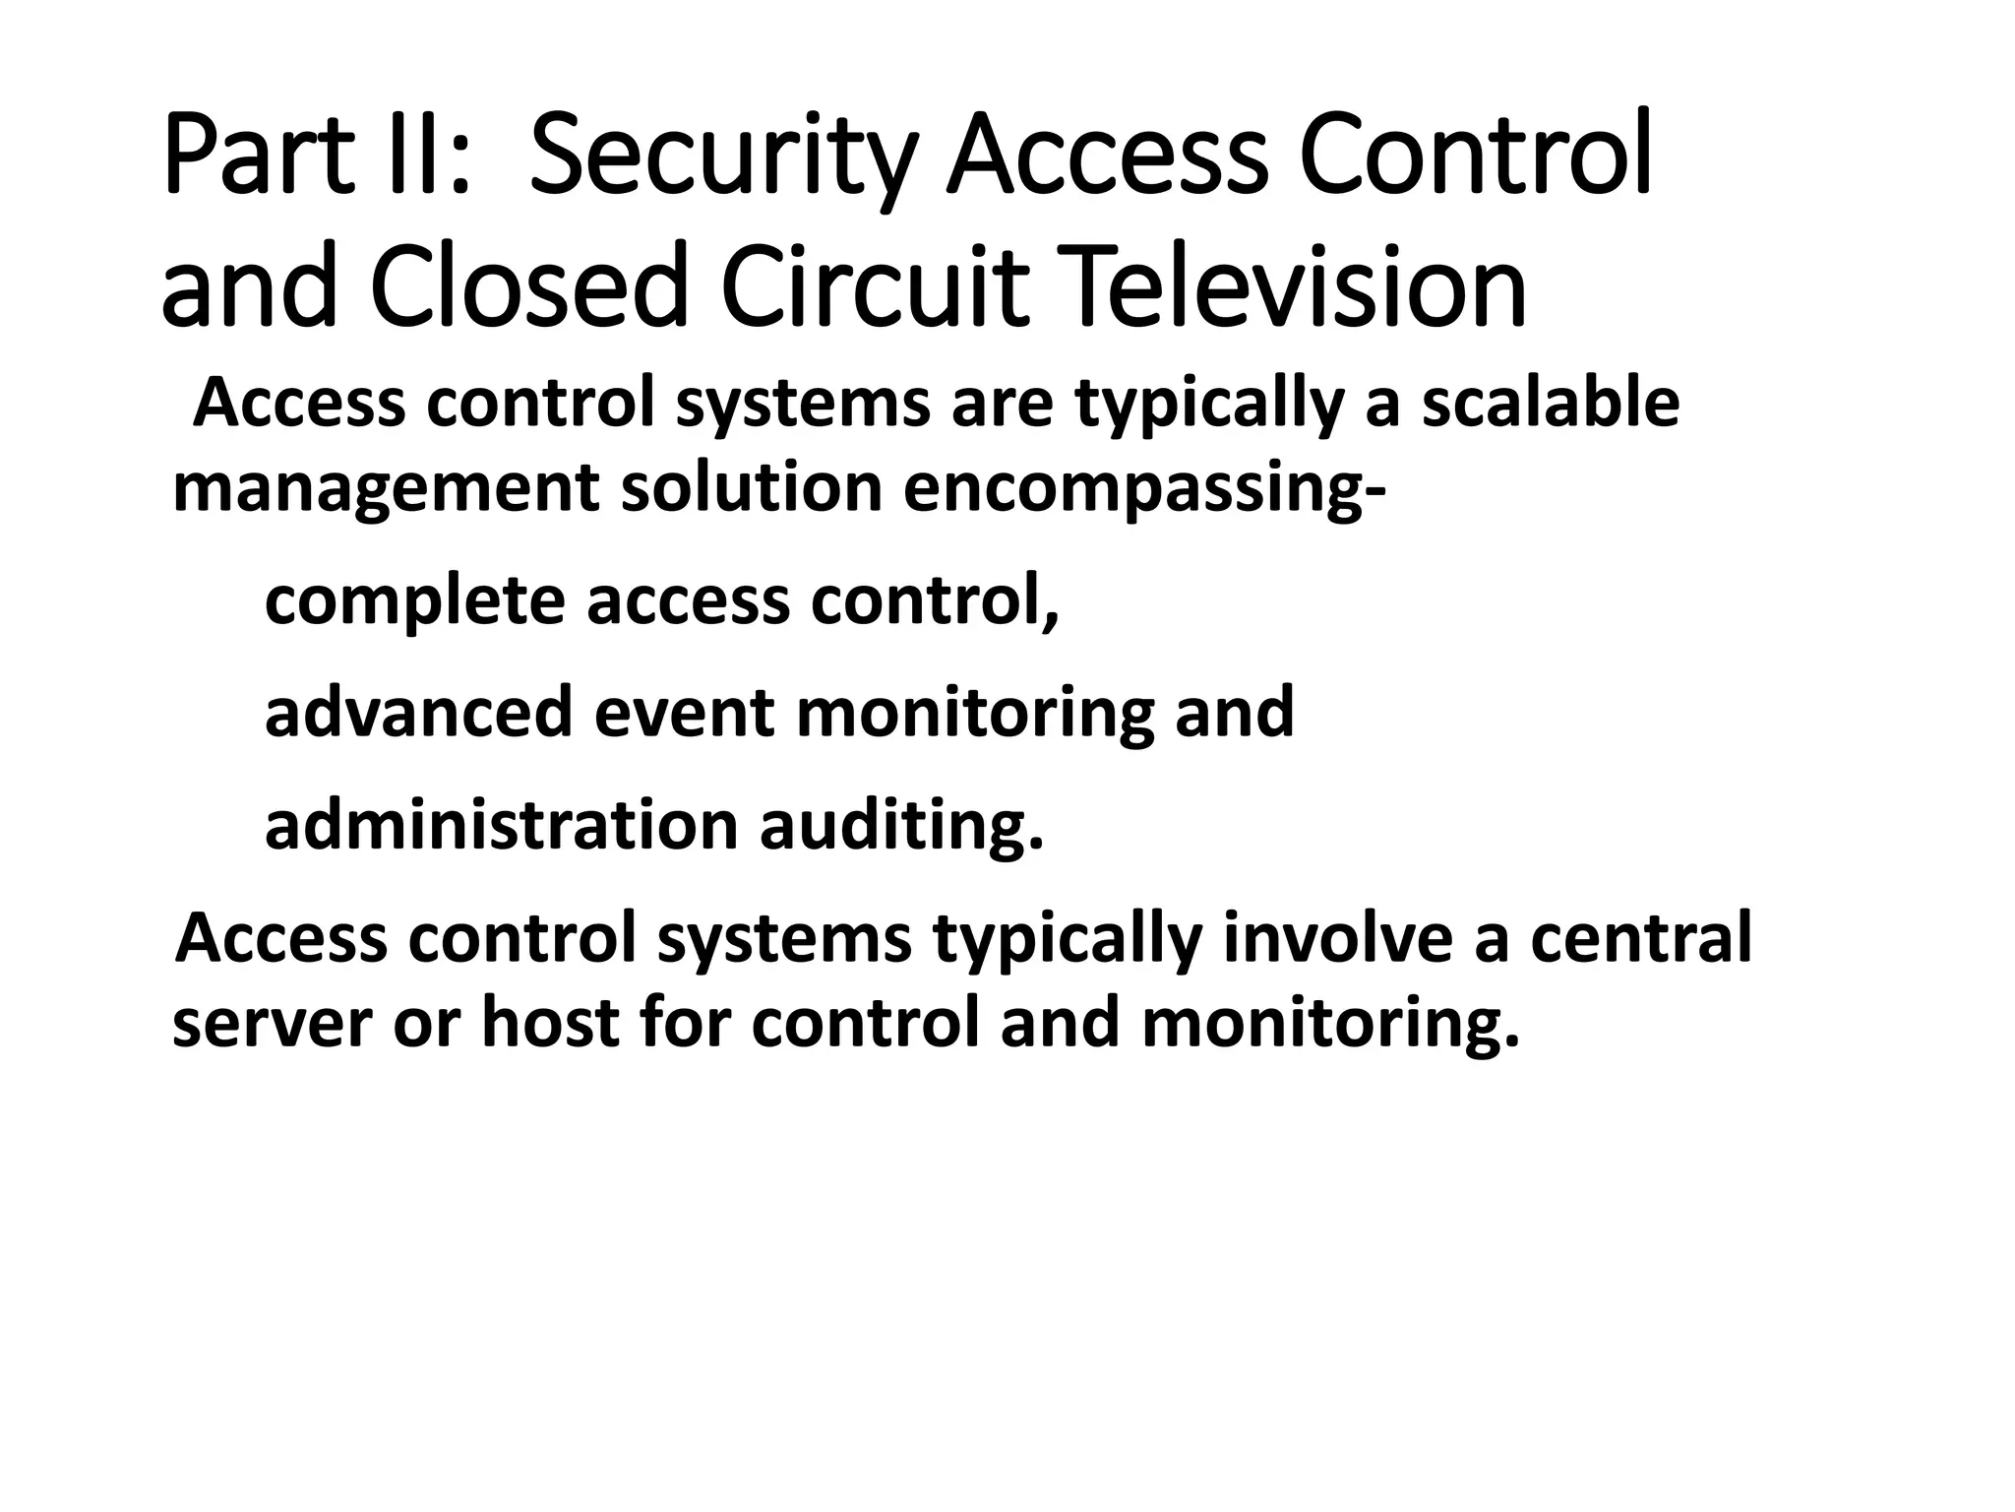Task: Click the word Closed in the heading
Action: [x=526, y=287]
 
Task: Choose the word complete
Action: [x=414, y=601]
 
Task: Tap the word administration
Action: [x=501, y=825]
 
